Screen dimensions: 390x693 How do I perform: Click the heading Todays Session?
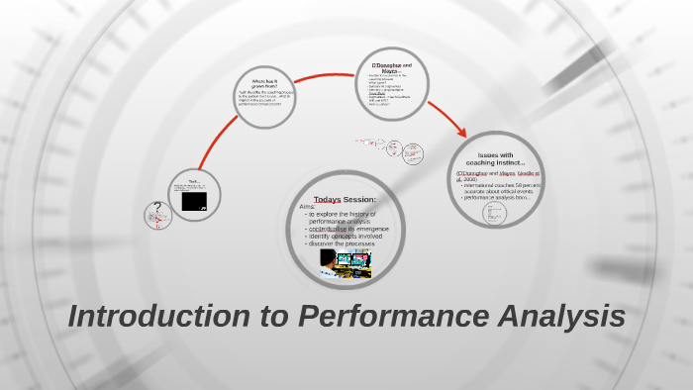click(x=345, y=200)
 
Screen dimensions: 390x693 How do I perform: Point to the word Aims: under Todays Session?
click(x=308, y=207)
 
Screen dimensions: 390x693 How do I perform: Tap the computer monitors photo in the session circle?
click(x=347, y=263)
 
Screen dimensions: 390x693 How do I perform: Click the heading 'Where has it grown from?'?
click(x=266, y=83)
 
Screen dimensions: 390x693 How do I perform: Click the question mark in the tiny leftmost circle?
click(x=157, y=211)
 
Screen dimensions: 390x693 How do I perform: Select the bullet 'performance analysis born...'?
click(x=498, y=197)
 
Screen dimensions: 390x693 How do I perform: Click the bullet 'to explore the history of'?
click(x=344, y=214)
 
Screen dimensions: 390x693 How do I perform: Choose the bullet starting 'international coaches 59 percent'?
click(x=503, y=184)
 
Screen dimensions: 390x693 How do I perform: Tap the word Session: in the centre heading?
click(x=359, y=200)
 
